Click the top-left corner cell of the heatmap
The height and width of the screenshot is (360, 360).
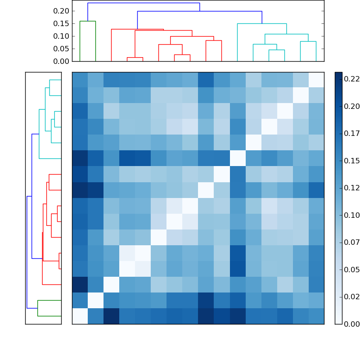(x=80, y=80)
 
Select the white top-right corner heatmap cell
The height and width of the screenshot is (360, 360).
(x=316, y=80)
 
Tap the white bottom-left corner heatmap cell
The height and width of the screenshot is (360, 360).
(x=80, y=316)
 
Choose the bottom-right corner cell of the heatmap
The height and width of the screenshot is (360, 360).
(x=316, y=316)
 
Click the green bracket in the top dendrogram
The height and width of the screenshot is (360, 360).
(x=87, y=21)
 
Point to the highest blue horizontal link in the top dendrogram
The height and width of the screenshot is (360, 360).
(x=144, y=3)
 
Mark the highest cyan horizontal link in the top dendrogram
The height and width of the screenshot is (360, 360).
(x=262, y=23)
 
